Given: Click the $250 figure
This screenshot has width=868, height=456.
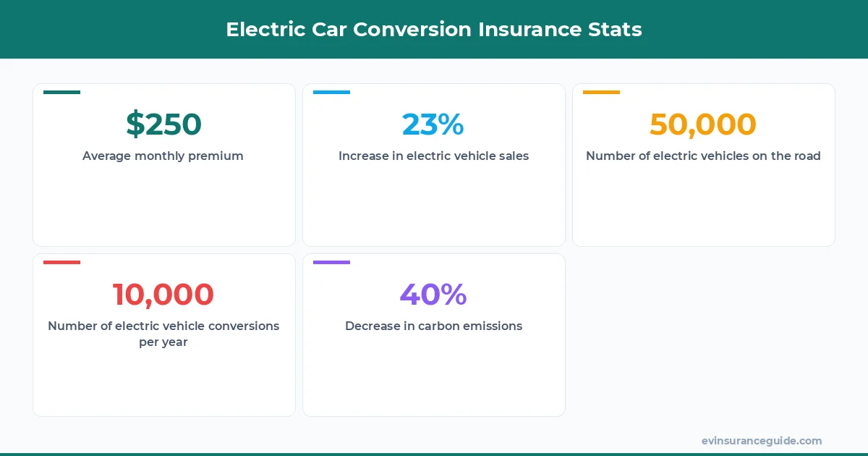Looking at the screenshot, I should tap(163, 124).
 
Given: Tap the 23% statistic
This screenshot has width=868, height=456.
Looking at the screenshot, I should tap(433, 124).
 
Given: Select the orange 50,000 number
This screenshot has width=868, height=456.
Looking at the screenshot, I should tap(703, 124).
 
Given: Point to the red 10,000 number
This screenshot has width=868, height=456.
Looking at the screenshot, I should tap(163, 295).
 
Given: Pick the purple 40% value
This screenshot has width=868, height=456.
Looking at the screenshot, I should tap(433, 295).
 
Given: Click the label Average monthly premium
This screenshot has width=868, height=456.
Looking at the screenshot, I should tap(163, 156).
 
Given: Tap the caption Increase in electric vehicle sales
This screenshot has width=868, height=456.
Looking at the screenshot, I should tap(433, 156).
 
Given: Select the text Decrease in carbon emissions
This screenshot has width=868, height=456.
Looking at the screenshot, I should tap(433, 326).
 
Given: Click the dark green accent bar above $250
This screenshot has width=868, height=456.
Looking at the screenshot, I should tap(61, 92).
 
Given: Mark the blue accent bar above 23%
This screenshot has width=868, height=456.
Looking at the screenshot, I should tap(331, 92).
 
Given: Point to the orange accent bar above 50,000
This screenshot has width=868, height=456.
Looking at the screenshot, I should tap(601, 92).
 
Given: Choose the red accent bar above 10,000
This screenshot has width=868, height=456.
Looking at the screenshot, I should tap(61, 262).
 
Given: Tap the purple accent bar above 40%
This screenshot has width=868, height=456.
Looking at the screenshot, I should tap(331, 262).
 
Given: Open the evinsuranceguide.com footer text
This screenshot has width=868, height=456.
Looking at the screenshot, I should tap(761, 440).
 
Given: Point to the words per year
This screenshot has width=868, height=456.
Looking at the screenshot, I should tap(163, 342).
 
